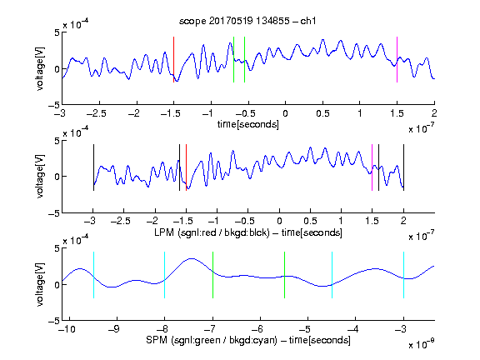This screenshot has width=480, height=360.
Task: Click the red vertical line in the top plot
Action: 174,59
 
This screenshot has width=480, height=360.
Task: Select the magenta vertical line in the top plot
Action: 397,59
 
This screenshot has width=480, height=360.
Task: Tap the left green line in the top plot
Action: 234,59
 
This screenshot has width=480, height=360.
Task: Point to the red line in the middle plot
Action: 186,167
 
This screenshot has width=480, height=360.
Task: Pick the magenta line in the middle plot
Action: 372,167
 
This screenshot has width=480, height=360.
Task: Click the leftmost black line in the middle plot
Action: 93,167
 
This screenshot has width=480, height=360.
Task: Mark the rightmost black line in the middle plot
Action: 403,167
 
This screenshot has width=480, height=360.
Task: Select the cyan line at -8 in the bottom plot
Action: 165,275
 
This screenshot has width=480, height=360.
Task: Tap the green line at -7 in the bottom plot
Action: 212,275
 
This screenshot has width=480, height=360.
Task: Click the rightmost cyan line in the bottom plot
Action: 403,275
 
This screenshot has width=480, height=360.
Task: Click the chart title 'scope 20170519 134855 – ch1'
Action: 247,21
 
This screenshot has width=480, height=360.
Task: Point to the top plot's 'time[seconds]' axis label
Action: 248,124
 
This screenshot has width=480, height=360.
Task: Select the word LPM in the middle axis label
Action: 164,232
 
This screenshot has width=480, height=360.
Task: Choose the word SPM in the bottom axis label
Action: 157,340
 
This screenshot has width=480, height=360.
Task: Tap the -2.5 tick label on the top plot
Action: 97,113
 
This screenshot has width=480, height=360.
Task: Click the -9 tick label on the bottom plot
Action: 114,329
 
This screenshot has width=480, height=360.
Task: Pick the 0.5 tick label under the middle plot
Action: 310,221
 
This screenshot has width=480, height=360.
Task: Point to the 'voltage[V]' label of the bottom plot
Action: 40,284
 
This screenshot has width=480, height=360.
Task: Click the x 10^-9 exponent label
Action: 421,344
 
